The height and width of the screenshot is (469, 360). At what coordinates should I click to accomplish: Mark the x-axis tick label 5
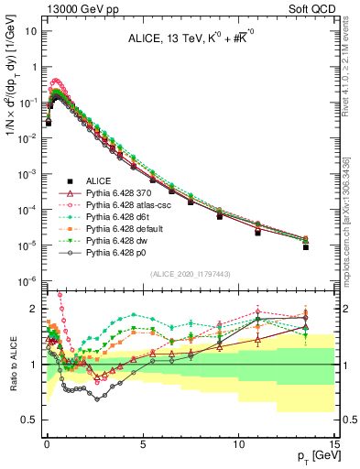point(142,445)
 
